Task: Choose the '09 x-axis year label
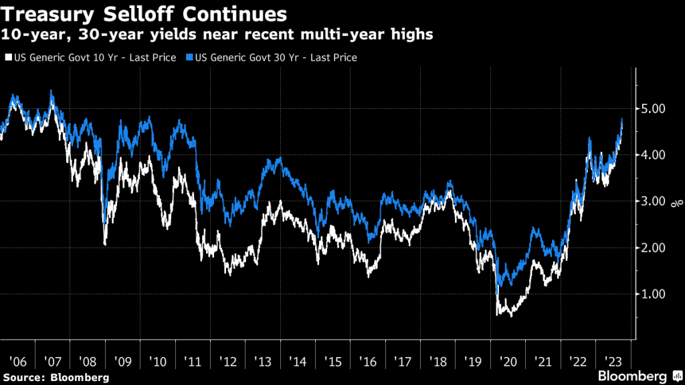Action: pyautogui.click(x=123, y=361)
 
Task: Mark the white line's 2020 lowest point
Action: pyautogui.click(x=511, y=315)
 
